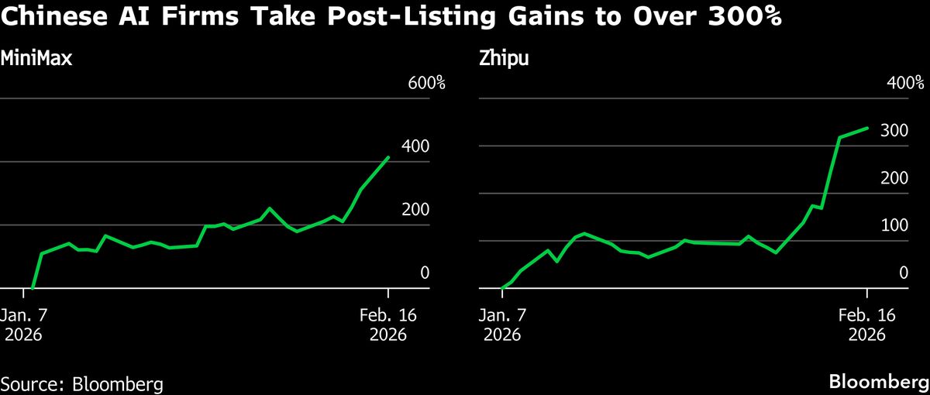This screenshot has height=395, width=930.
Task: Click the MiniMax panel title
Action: point(36,58)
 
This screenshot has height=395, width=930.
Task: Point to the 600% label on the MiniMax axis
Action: point(427,83)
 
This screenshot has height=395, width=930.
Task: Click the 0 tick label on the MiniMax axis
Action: point(425,273)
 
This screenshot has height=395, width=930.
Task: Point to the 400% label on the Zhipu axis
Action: point(904,83)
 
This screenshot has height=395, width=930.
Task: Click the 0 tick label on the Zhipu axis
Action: point(903,273)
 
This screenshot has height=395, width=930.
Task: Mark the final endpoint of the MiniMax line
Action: point(388,157)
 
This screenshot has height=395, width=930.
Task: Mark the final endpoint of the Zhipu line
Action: point(866,129)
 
